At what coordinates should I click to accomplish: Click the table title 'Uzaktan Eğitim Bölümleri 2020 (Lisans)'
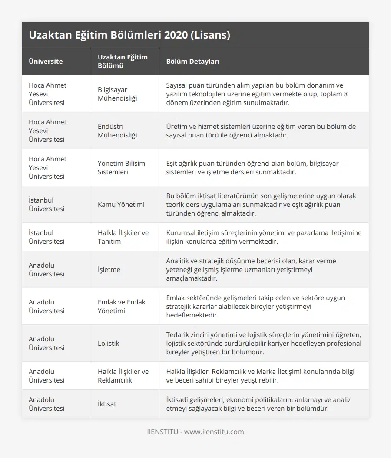(x=129, y=35)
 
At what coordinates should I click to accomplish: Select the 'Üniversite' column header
(x=46, y=61)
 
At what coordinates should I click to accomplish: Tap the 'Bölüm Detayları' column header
(x=192, y=61)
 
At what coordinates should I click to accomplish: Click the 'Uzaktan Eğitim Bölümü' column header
(x=123, y=61)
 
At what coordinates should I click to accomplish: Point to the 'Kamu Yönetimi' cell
(x=121, y=204)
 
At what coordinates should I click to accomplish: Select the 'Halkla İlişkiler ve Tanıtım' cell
(x=123, y=237)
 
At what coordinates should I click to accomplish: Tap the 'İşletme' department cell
(x=109, y=269)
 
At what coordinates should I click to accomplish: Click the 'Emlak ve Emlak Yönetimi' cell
(x=122, y=306)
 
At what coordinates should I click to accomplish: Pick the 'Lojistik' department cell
(x=109, y=343)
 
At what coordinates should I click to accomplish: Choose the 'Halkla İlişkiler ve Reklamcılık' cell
(x=123, y=376)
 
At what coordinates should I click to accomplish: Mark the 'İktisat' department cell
(x=107, y=404)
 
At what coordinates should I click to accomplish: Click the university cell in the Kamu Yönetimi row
(x=46, y=204)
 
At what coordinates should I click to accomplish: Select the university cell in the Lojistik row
(x=46, y=343)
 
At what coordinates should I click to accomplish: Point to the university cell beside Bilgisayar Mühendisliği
(x=47, y=94)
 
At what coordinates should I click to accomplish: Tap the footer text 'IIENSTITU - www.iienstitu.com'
(x=195, y=432)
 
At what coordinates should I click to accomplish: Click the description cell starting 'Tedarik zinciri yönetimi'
(x=263, y=343)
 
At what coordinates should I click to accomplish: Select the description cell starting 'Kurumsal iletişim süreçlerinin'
(x=263, y=237)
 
